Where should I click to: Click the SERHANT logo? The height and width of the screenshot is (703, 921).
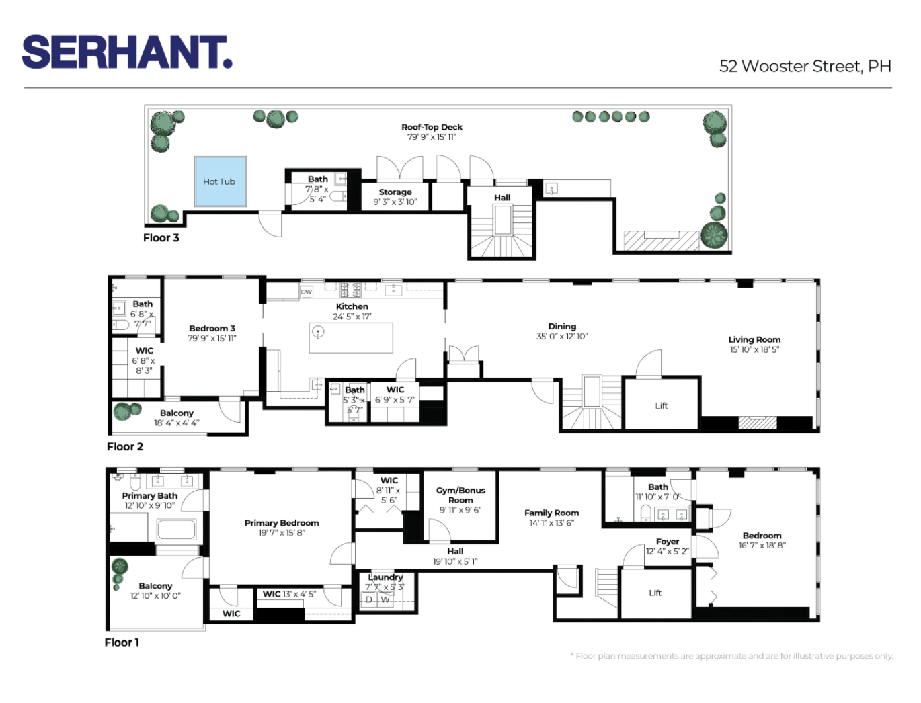point(127,52)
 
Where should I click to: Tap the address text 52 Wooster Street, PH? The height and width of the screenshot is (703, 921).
point(805,66)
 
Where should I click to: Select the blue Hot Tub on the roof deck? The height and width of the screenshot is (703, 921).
point(220,181)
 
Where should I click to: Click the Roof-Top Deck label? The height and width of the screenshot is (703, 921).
point(432,127)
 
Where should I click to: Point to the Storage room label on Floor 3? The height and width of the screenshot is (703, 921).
point(395,192)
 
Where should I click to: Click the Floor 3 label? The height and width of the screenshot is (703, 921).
point(161,237)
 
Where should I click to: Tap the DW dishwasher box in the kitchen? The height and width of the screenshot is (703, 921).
point(307,292)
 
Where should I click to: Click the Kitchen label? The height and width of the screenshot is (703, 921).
point(352,306)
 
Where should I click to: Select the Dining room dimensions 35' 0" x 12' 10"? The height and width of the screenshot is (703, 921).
point(562,336)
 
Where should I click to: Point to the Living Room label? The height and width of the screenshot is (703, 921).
point(754,339)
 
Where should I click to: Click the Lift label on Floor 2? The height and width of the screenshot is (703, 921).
point(662,405)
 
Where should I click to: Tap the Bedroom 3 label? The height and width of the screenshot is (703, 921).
point(212,328)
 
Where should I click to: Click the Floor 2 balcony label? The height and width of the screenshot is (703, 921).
point(177,413)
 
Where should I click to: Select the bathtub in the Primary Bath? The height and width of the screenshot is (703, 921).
point(176,529)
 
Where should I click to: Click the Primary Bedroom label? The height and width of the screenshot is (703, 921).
point(282,522)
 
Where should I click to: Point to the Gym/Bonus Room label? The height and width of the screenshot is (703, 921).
point(460,495)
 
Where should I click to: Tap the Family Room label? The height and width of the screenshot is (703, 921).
point(551,513)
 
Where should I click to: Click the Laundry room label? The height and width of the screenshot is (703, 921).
point(385,577)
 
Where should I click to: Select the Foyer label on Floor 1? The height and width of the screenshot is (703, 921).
point(668,541)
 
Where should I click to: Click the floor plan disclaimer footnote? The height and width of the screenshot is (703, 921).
point(731,655)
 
